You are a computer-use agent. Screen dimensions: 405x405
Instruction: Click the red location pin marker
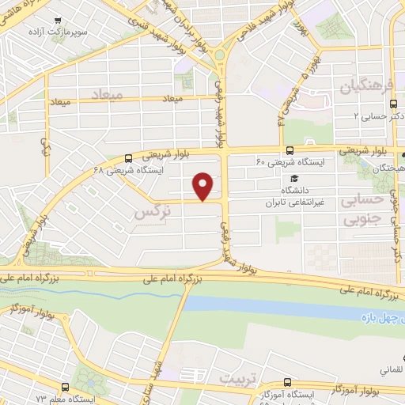tap(204, 187)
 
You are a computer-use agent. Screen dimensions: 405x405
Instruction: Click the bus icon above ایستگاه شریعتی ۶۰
tap(290, 150)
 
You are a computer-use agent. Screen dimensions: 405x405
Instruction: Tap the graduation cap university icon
tap(294, 178)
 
